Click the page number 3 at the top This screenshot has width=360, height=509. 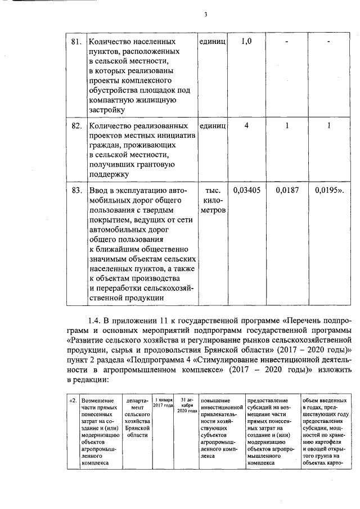click(x=206, y=15)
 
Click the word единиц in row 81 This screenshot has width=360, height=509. click(x=213, y=42)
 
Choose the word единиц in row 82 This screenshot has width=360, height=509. click(x=213, y=125)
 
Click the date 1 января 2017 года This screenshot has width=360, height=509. click(x=163, y=404)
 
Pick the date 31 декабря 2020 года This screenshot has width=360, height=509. click(x=186, y=404)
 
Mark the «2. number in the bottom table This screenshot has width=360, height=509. click(x=72, y=400)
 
